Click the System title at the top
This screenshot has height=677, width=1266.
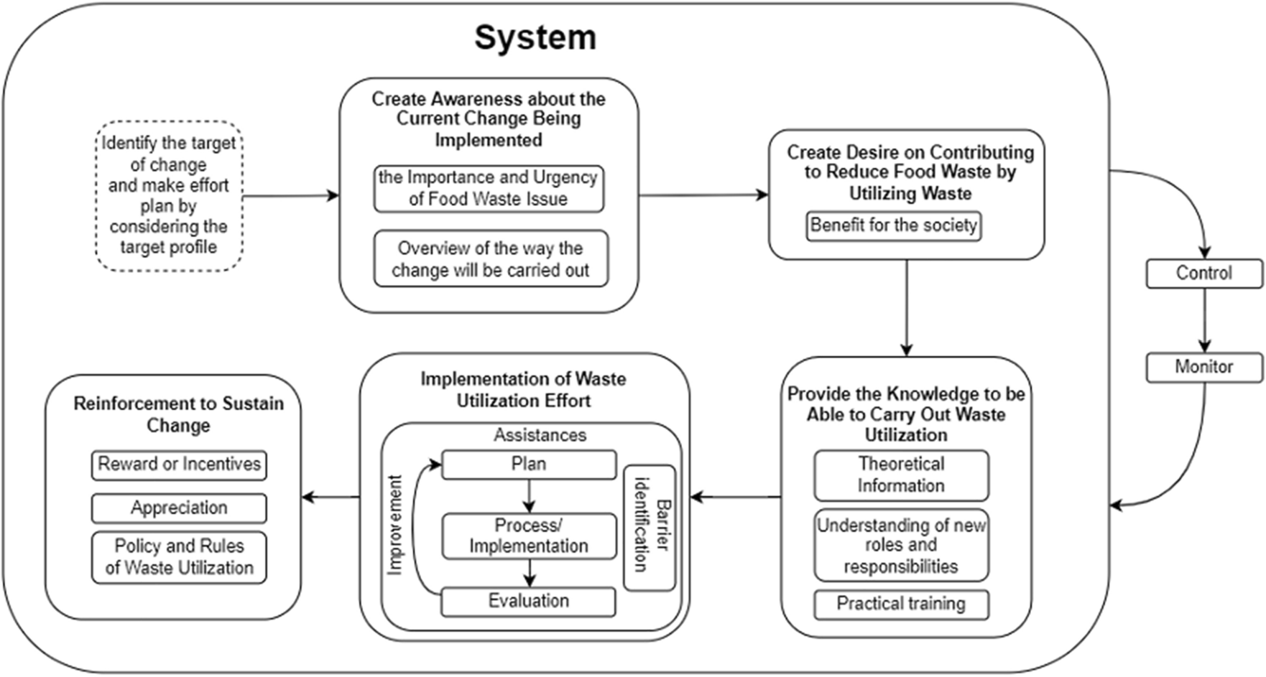(x=535, y=37)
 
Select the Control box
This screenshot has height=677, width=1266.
(x=1203, y=274)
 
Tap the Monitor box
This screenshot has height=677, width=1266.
(x=1203, y=367)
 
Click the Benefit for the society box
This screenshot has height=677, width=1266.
(x=893, y=225)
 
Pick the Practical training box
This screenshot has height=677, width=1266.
(x=901, y=604)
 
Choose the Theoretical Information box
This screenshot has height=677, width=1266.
(x=901, y=475)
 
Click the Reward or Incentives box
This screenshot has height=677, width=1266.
(x=179, y=464)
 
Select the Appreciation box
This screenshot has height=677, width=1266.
(x=179, y=508)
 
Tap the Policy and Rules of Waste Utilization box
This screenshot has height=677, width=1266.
(x=179, y=557)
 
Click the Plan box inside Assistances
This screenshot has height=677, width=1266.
(x=529, y=464)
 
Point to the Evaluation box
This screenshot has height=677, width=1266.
(x=529, y=602)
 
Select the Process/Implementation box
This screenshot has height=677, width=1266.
(x=529, y=536)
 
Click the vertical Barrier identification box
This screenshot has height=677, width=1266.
(x=650, y=528)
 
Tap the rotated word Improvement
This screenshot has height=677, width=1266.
(x=394, y=525)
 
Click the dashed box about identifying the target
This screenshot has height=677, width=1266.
(x=169, y=196)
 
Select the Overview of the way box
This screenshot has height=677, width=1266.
(x=490, y=259)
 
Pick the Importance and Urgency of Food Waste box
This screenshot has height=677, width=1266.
(x=489, y=189)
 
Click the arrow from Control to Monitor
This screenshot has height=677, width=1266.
(x=1204, y=320)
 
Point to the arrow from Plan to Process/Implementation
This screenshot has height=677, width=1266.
(x=530, y=495)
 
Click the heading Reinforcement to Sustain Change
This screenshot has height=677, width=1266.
(x=178, y=414)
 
